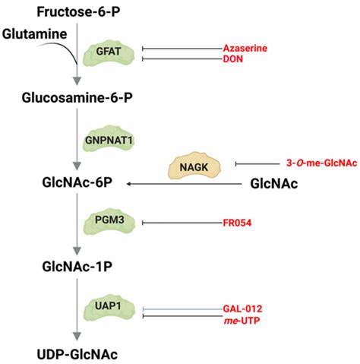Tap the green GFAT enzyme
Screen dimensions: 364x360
coord(108,52)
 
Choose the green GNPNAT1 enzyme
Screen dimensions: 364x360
coord(108,140)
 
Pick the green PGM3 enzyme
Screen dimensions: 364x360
coord(107,223)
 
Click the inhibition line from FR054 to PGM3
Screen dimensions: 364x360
coord(179,223)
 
